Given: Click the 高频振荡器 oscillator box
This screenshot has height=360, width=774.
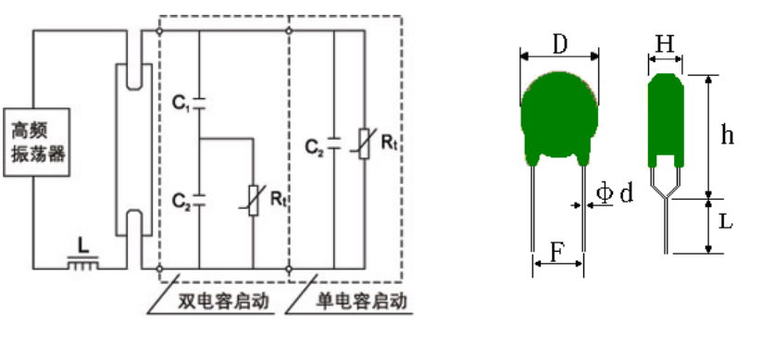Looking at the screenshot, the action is tap(36, 142).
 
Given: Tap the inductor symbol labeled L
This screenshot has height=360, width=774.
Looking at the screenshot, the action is tap(82, 263).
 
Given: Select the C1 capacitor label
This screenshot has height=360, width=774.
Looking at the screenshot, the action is tap(181, 103).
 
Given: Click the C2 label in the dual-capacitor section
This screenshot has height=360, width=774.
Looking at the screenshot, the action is tap(181, 201).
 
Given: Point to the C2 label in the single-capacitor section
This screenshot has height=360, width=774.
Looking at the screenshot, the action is tap(314, 147).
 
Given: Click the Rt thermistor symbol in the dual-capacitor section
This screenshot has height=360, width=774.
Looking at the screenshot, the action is tap(254, 200).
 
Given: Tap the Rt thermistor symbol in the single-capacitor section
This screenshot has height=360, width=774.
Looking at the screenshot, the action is tap(364, 143).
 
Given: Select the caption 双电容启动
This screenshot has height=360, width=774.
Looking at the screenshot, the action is tap(224, 302).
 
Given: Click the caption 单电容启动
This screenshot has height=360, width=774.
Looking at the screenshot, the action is tap(361, 302).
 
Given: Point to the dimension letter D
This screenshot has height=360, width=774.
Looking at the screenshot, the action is tap(560, 44).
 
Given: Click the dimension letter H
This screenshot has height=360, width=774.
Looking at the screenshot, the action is tap(665, 44).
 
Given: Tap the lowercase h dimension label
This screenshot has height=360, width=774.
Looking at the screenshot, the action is tap(727, 133).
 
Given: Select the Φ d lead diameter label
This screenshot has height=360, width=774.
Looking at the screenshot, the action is tap(614, 192).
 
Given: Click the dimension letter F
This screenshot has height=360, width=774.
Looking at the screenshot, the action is tap(556, 252).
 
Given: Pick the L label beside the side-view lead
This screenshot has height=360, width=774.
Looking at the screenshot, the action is tap(725, 222).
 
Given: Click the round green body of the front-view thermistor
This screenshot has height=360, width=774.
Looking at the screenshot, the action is tap(559, 117).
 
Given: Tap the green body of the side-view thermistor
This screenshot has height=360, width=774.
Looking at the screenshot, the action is tap(666, 119).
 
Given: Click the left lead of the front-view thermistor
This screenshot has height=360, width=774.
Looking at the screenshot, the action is tap(533, 208).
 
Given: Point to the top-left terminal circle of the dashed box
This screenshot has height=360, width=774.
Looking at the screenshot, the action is tap(159, 31).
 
